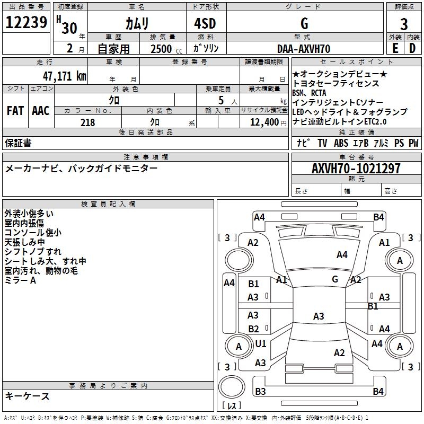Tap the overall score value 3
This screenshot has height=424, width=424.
point(404,24)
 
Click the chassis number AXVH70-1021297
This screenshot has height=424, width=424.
point(356,169)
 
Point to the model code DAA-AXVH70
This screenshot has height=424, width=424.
point(304,49)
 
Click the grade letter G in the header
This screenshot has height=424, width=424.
point(304,24)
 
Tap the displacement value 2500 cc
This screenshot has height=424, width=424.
point(165,49)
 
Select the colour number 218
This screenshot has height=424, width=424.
point(88,122)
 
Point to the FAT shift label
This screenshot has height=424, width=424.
point(15,111)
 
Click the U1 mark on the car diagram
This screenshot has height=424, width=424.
point(261,343)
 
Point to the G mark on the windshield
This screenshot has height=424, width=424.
point(335,279)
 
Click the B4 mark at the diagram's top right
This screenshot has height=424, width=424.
point(378,217)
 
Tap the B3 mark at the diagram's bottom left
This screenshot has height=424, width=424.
point(260,392)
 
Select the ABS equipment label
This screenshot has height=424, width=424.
point(341,143)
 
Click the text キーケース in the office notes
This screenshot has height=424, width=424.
point(28,396)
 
